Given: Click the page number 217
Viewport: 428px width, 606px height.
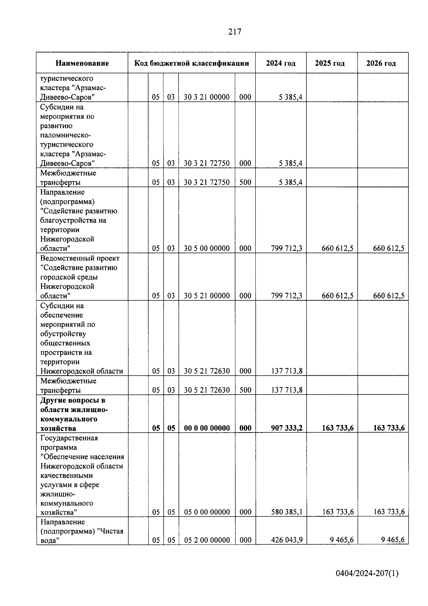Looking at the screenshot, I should coord(235,32).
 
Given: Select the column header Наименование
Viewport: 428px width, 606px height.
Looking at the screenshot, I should coord(82,63).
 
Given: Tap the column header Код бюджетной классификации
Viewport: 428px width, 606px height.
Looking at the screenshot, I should coord(192,63).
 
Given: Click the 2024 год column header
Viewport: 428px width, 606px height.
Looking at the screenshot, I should coord(281,63).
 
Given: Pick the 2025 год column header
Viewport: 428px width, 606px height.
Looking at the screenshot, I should coord(330,63).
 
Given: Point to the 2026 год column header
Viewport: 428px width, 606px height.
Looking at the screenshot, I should coord(381,63).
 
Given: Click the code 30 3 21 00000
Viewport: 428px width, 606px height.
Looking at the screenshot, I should coord(207,97).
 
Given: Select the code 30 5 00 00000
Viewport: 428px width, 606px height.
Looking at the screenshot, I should coord(207,248).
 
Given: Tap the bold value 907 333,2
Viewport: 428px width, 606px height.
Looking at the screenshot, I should coord(286,428).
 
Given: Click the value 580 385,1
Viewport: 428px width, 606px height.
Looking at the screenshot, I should coord(286,512).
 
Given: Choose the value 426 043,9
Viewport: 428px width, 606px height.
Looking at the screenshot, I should coord(286,540).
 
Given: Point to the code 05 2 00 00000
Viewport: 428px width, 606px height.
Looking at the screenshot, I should coord(207,540).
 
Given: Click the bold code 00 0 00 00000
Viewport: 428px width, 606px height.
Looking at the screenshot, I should coord(207,428).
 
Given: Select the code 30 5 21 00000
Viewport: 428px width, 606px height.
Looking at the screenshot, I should coord(207,296).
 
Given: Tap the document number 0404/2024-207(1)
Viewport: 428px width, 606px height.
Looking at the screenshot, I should coord(367,574).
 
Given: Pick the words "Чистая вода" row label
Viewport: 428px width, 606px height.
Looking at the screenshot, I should coord(82,536).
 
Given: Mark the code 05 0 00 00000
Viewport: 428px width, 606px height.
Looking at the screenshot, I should coord(207,512).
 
